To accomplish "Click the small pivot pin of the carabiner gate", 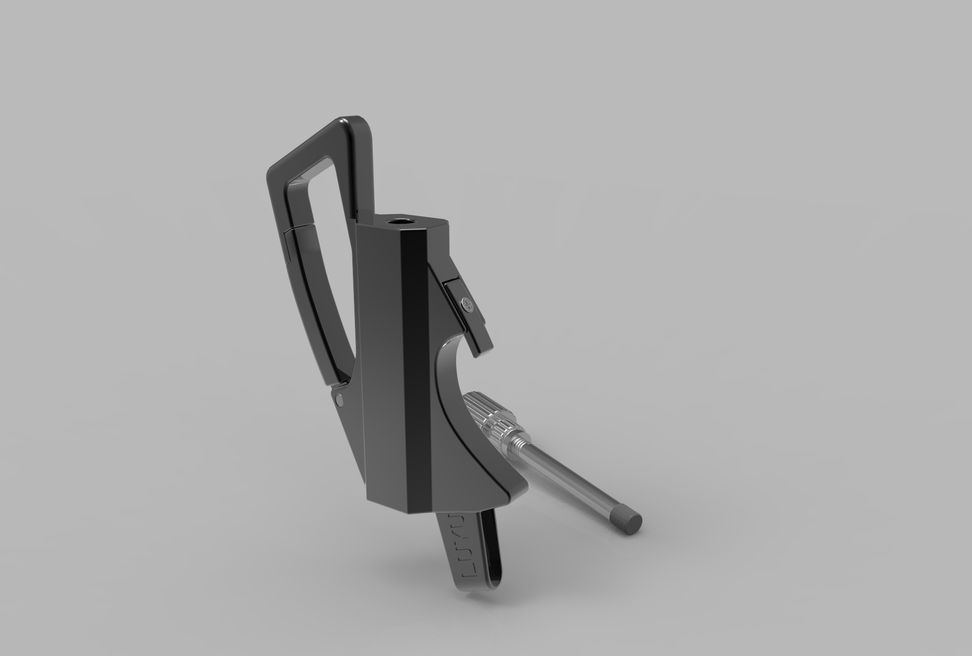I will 338,387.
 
